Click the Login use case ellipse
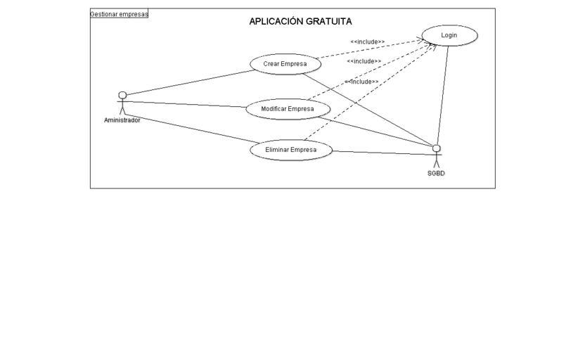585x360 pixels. [x=449, y=35]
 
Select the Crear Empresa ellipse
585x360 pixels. [x=285, y=64]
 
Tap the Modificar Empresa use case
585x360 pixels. [x=288, y=109]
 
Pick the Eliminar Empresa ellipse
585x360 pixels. [x=291, y=150]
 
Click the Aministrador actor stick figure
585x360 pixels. [x=122, y=103]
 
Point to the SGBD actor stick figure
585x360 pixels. [x=437, y=156]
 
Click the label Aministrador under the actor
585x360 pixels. [x=122, y=120]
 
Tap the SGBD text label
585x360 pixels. [x=436, y=174]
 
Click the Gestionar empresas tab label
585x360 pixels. [x=119, y=14]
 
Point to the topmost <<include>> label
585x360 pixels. [x=368, y=41]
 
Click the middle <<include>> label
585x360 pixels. [x=364, y=61]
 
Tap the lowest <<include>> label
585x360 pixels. [x=361, y=82]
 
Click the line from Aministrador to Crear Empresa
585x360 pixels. [x=191, y=83]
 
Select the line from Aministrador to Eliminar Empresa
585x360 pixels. [x=191, y=129]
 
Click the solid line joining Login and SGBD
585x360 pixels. [x=443, y=96]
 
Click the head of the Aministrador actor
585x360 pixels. [x=122, y=95]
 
